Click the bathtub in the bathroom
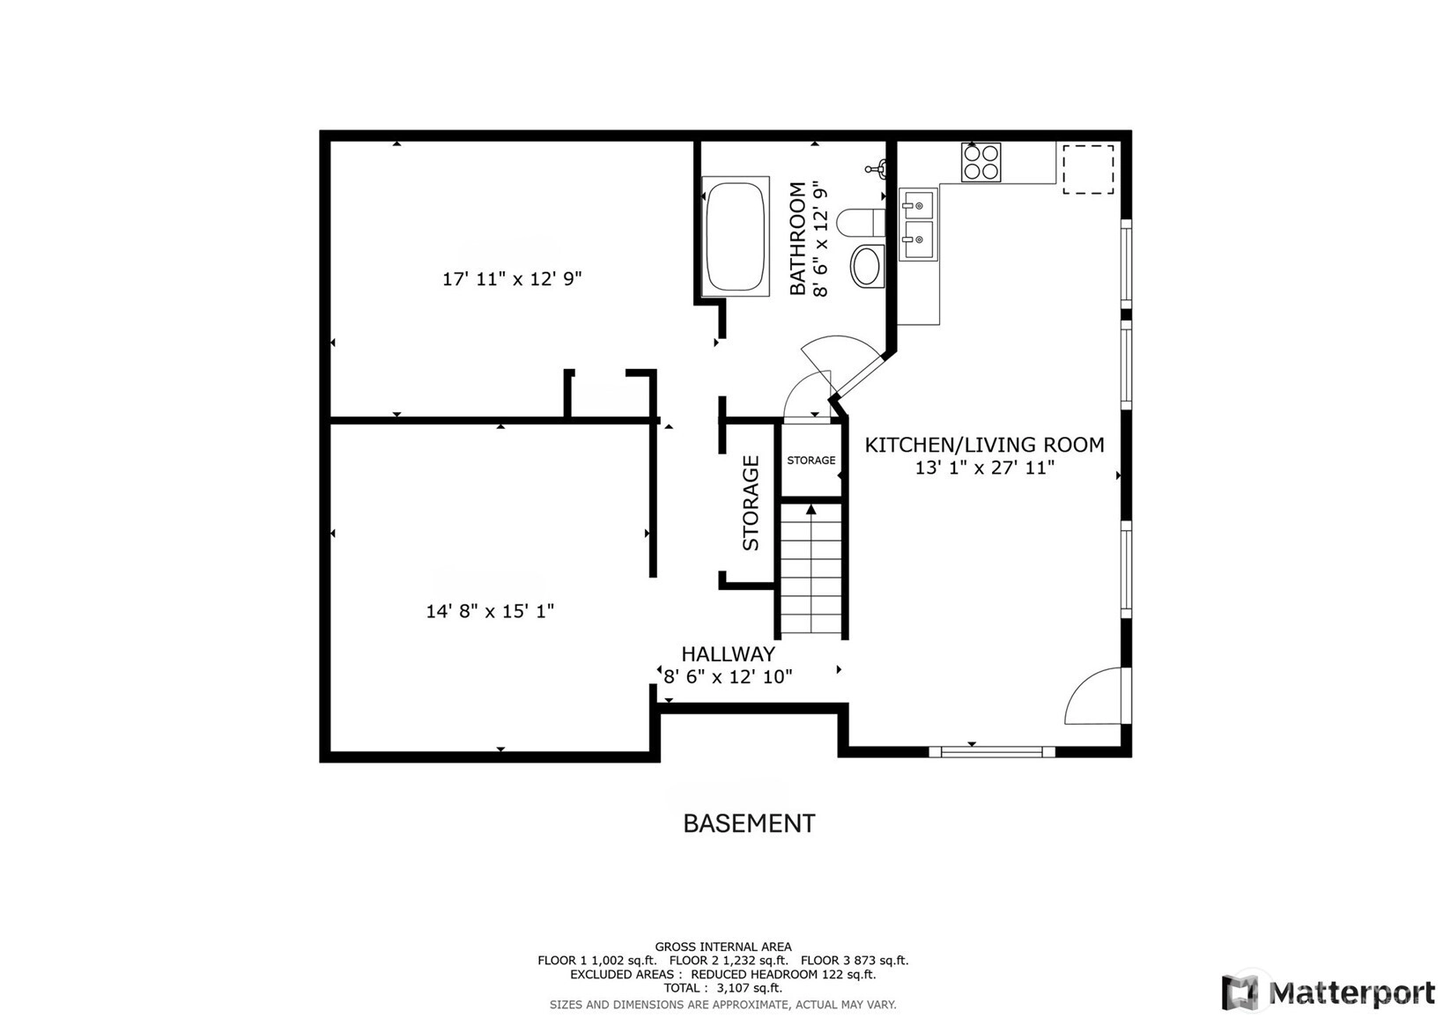[736, 236]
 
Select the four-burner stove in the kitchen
[981, 162]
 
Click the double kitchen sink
[918, 224]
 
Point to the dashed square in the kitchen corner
[1088, 169]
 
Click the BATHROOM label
[797, 239]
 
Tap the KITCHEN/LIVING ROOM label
[985, 445]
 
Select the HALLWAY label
[728, 653]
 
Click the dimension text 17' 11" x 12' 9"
[512, 279]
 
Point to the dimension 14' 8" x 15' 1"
[490, 611]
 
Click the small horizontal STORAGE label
[811, 461]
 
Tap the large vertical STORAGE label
[751, 503]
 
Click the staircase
[811, 569]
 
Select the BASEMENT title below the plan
[750, 823]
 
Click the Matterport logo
[1329, 992]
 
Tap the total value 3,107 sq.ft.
[750, 987]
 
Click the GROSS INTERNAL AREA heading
[723, 947]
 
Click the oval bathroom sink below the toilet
[866, 265]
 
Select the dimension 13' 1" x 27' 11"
[985, 468]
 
